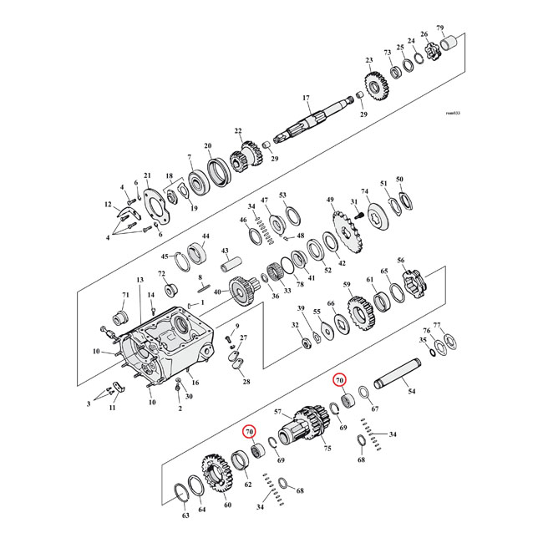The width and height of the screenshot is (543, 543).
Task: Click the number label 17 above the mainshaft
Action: click(306, 98)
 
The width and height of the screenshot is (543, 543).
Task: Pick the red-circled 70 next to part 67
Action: click(340, 380)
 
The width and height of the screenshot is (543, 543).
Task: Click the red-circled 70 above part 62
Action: click(249, 432)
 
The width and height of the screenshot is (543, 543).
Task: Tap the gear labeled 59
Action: click(359, 313)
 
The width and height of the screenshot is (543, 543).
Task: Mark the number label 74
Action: click(364, 191)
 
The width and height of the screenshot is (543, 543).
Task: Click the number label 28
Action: click(246, 381)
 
